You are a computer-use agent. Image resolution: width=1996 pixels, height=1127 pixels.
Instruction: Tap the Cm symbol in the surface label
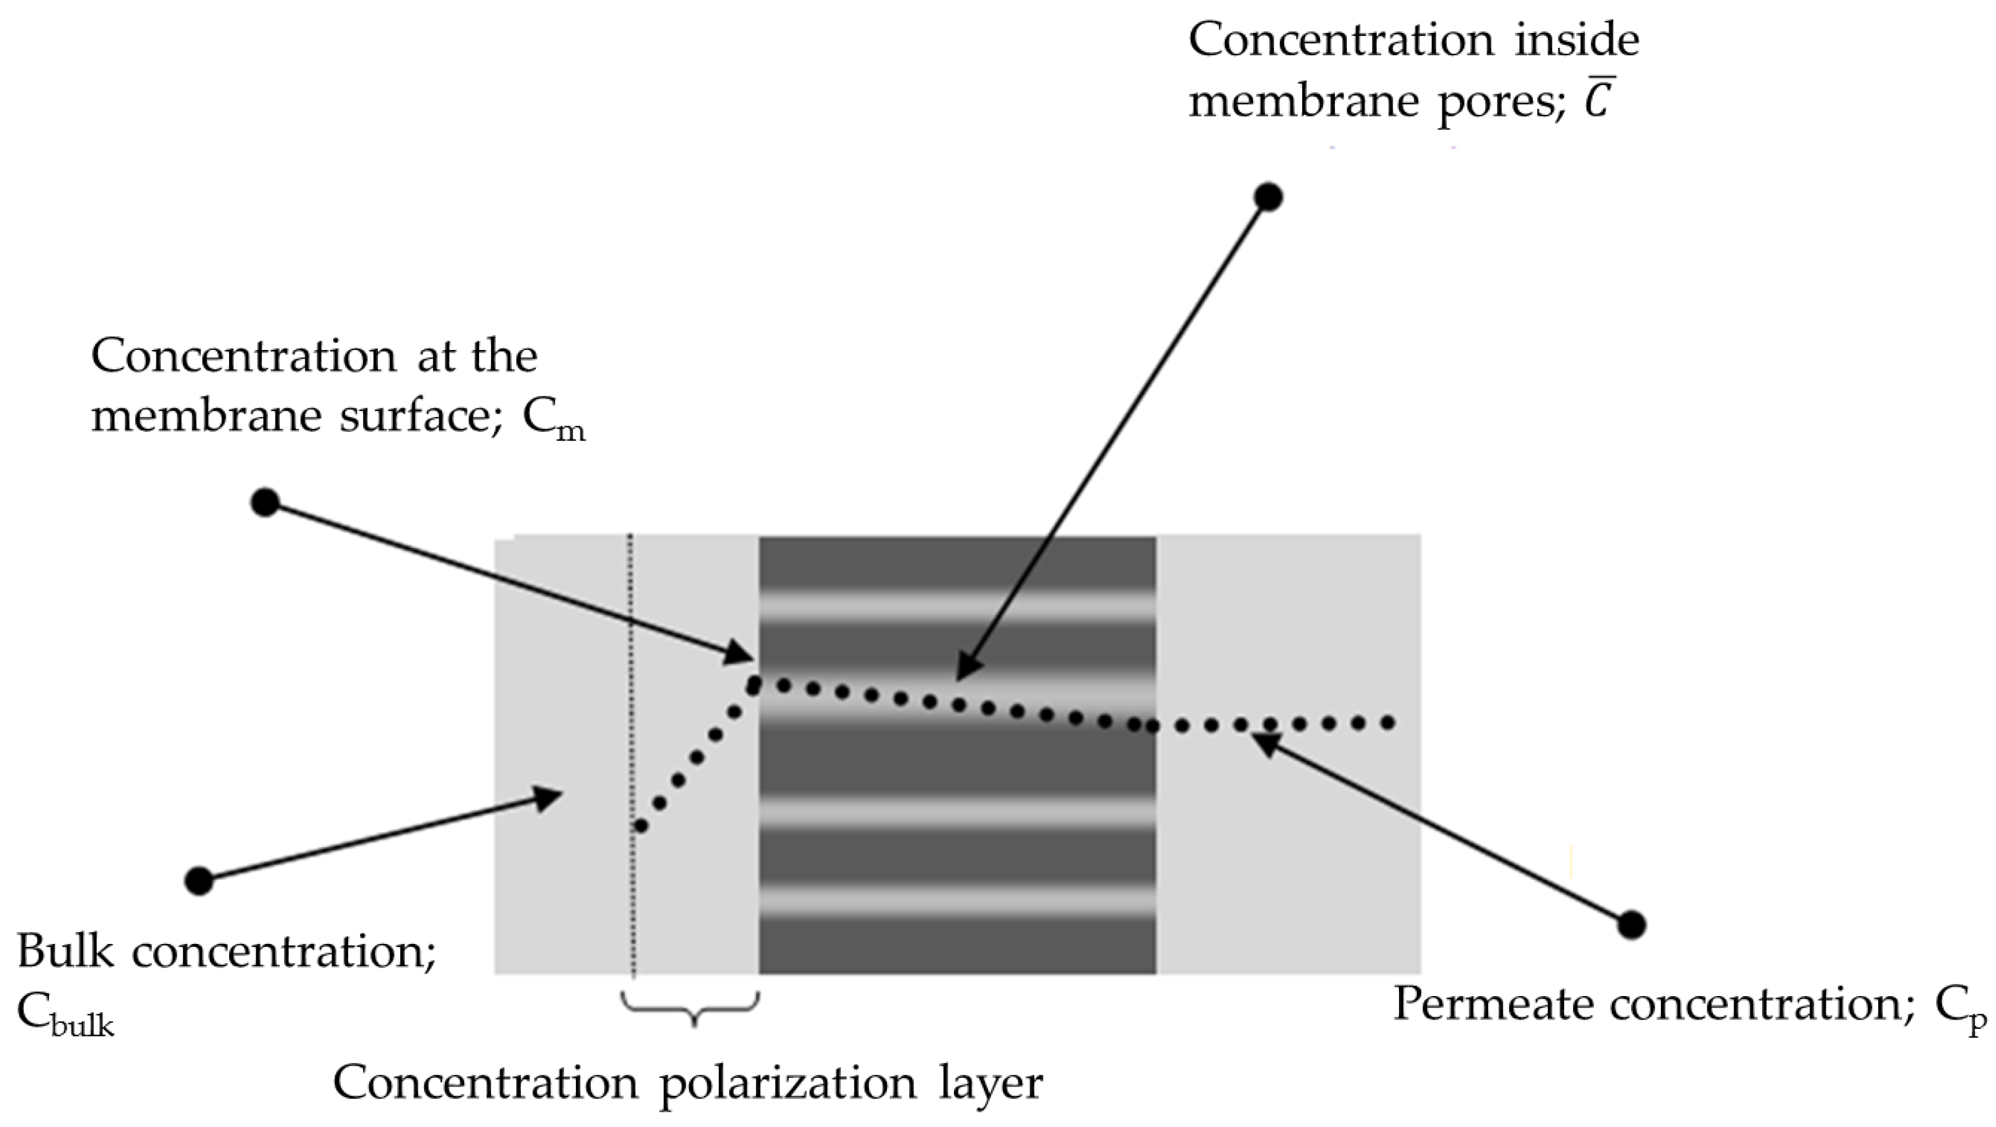[x=553, y=421]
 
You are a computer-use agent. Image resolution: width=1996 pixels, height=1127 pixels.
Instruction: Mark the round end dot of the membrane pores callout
[x=1269, y=197]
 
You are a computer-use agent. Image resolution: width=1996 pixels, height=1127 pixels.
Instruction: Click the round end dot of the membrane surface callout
[x=265, y=503]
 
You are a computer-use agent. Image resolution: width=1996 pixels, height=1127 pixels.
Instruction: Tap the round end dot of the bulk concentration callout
[x=199, y=881]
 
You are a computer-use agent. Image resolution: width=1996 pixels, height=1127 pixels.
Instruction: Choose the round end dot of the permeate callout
[x=1632, y=924]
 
